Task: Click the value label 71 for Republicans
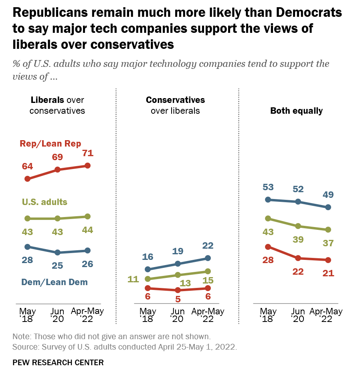point(88,153)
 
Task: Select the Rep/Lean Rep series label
point(51,144)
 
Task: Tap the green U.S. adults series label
point(44,202)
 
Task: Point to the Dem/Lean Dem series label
point(54,282)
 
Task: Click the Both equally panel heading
point(296,111)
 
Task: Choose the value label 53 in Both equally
point(268,187)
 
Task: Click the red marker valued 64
point(28,179)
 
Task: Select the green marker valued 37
point(328,229)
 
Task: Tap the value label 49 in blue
point(328,195)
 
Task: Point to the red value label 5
point(178,299)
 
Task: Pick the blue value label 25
point(57,265)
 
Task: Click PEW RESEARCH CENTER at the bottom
point(58,362)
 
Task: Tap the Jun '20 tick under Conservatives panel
point(178,315)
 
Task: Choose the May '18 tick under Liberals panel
point(28,315)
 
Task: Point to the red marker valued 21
point(328,260)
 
